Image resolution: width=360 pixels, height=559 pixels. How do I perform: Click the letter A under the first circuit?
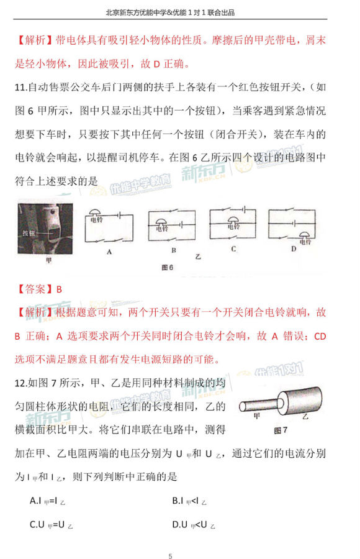109,252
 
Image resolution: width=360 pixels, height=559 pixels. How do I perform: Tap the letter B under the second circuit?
173,252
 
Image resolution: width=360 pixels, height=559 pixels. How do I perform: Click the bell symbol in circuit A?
97,216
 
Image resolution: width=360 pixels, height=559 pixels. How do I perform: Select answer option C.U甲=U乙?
52,525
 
